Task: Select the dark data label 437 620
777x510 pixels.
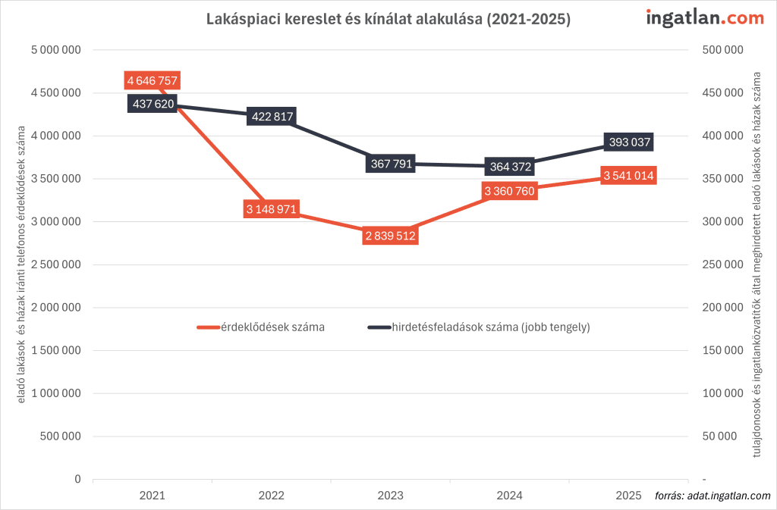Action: point(153,104)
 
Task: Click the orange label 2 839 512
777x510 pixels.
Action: point(390,236)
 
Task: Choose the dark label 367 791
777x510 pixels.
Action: point(390,164)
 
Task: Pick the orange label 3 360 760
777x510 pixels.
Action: point(509,191)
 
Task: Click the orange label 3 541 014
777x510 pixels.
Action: point(628,176)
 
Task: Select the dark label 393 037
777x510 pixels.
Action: point(628,142)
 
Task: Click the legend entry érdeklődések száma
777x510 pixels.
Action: point(262,327)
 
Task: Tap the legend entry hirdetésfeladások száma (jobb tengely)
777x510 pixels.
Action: point(480,327)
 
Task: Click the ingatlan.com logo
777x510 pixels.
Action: point(704,18)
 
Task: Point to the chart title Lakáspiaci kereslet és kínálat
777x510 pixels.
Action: point(388,20)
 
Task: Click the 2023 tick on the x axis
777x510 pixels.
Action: point(390,496)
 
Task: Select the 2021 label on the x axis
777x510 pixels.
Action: point(153,496)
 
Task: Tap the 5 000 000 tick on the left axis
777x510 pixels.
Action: point(55,51)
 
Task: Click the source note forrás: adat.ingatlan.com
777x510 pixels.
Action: point(712,496)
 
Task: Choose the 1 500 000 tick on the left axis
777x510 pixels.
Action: point(55,351)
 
